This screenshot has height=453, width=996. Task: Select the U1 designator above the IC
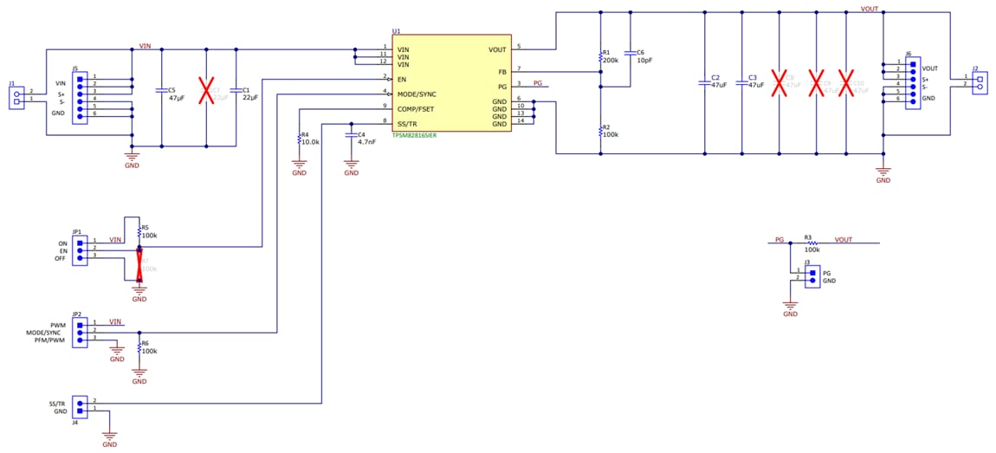[396, 31]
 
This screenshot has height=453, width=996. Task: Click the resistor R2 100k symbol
[601, 131]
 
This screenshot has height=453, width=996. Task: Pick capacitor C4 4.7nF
[351, 135]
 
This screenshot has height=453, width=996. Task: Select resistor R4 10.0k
[299, 139]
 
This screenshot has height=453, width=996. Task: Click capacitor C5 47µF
[161, 90]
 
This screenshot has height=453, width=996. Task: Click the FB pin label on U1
[501, 72]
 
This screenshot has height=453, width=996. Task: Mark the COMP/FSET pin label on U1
[416, 108]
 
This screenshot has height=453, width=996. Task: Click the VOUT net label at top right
[870, 9]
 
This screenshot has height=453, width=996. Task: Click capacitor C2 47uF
[705, 83]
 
